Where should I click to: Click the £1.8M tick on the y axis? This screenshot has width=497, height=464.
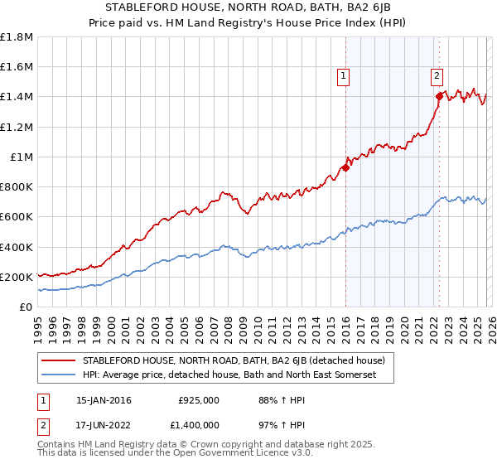tap(17, 37)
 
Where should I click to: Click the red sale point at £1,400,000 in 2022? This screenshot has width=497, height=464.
tap(439, 96)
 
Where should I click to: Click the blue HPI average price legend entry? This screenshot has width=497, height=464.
tap(229, 375)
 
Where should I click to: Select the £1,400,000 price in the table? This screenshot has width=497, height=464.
tap(198, 424)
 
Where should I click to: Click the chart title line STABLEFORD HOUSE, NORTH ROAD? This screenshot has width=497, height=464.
tap(248, 8)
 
